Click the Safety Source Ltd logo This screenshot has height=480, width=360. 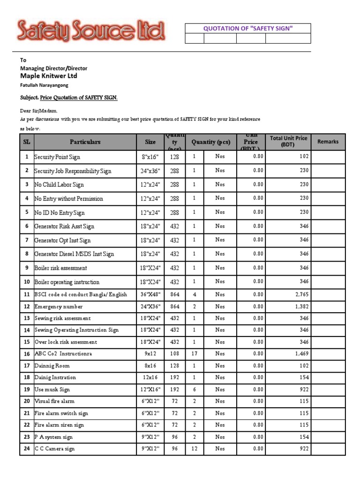[91, 31]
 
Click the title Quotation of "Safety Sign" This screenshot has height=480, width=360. [247, 29]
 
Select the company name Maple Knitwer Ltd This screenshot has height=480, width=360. [48, 76]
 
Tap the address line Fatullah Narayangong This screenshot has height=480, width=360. [44, 85]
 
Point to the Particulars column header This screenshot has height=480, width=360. [85, 142]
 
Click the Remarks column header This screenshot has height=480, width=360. [328, 142]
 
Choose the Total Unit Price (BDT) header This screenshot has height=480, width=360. [288, 142]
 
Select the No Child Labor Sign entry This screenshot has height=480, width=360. [59, 185]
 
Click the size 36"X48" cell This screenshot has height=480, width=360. [150, 294]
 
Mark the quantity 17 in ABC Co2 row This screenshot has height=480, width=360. [194, 354]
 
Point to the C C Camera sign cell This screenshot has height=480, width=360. [54, 449]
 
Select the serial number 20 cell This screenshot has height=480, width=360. [26, 401]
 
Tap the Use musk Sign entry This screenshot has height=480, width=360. [52, 390]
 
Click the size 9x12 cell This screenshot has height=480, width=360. [150, 354]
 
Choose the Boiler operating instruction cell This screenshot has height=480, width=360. [67, 282]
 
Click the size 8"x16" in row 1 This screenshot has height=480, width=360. [150, 157]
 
